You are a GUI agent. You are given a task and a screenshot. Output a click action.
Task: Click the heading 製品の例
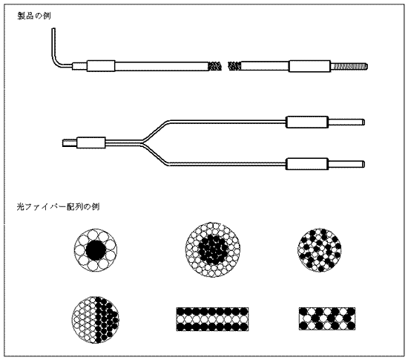[x=34, y=16]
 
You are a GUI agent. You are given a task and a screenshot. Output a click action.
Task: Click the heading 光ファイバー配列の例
[x=58, y=206]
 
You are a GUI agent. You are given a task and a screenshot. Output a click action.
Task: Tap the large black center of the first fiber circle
[x=96, y=250]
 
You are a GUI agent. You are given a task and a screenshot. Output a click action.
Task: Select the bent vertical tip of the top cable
[x=53, y=42]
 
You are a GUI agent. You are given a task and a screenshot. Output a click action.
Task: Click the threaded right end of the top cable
[x=349, y=66]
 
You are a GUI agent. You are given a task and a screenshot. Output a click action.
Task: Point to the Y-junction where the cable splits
[x=142, y=143]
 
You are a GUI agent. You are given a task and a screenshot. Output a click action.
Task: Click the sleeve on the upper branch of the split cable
[x=307, y=122]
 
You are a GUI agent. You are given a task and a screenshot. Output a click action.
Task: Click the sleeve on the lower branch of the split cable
[x=307, y=164]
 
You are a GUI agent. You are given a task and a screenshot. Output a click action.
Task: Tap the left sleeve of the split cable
[x=91, y=143]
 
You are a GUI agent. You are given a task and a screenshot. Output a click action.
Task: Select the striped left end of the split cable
[x=70, y=143]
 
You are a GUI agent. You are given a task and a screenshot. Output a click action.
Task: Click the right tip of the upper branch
[x=363, y=122]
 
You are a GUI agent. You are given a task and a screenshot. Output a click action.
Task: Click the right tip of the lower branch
[x=363, y=164]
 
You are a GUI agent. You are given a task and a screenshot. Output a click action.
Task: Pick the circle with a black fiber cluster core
[x=213, y=249]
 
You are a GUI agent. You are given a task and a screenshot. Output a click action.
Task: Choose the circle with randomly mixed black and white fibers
[x=319, y=250]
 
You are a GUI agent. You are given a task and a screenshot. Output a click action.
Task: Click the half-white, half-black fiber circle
[x=95, y=319]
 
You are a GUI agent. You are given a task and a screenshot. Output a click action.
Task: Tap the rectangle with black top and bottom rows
[x=212, y=319]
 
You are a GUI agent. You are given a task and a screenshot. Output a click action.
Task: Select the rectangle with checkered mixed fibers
[x=327, y=319]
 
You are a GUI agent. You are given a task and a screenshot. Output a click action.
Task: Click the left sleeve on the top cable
[x=101, y=66]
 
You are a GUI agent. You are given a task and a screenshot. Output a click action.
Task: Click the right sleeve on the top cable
[x=309, y=66]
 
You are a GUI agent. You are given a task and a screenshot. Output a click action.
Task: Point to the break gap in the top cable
[x=225, y=66]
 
